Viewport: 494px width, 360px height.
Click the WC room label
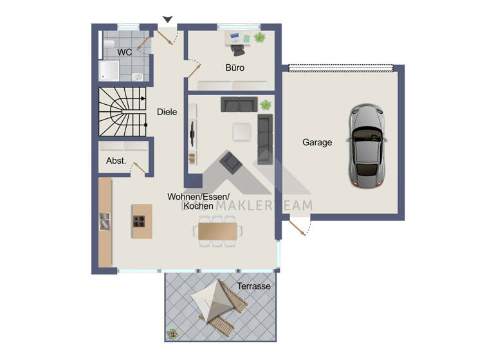[x=124, y=52]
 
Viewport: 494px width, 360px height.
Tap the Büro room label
[x=235, y=67]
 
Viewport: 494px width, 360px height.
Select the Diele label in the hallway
[x=167, y=112]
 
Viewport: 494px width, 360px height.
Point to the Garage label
[x=317, y=143]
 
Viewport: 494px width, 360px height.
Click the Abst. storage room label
[x=116, y=161]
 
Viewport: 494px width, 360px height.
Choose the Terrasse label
[x=253, y=286]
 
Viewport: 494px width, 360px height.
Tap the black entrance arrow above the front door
[x=167, y=20]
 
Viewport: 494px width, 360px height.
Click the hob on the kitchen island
[x=139, y=222]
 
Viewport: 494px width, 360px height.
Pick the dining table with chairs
[x=217, y=230]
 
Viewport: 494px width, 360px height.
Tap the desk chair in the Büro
[x=239, y=46]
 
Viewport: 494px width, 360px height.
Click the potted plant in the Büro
[x=259, y=38]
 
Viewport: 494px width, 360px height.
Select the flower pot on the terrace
[x=172, y=334]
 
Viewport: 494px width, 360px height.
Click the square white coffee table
[x=242, y=130]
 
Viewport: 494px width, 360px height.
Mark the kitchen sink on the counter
[x=104, y=221]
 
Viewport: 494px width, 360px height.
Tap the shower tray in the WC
[x=109, y=71]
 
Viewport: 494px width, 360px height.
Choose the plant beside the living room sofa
[x=265, y=105]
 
